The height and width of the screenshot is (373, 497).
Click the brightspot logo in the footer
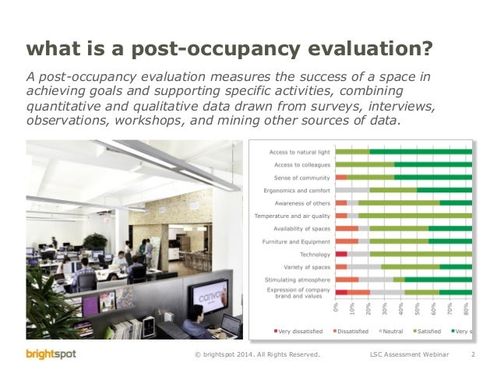51,355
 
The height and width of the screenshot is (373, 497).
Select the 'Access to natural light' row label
299,151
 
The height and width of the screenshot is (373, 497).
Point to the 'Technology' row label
315,254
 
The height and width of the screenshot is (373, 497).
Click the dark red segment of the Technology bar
341,254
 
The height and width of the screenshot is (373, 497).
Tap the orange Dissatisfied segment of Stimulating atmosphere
347,280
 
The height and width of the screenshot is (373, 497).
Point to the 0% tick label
337,308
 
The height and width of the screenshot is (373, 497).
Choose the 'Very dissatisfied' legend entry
297,331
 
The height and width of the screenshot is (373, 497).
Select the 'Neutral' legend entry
391,331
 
